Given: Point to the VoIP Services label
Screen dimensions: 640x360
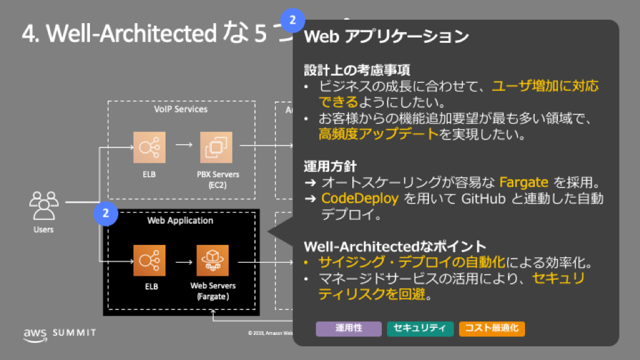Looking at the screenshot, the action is pyautogui.click(x=181, y=109).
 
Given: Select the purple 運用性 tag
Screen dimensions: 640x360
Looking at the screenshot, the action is pyautogui.click(x=349, y=328).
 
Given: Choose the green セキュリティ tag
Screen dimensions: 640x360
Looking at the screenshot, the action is pyautogui.click(x=420, y=328).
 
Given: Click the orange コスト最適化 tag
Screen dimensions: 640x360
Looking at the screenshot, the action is pyautogui.click(x=491, y=328).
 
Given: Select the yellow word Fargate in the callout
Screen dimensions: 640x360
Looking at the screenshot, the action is pyautogui.click(x=524, y=182).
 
